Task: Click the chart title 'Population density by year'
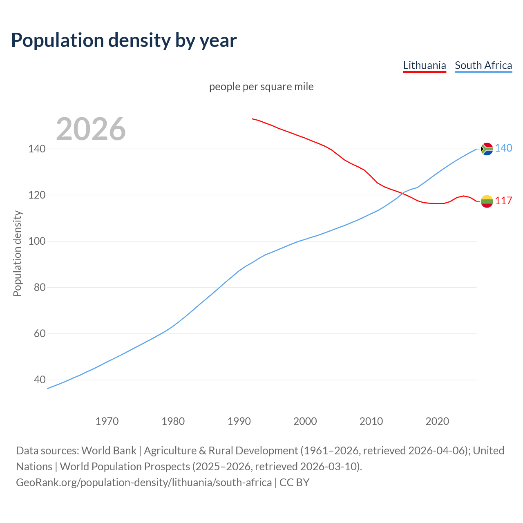pyautogui.click(x=124, y=40)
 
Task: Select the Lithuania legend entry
pyautogui.click(x=424, y=65)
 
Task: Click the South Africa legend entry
pyautogui.click(x=483, y=65)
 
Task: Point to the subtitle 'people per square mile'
pyautogui.click(x=261, y=87)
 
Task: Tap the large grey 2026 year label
pyautogui.click(x=91, y=129)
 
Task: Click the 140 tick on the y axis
pyautogui.click(x=36, y=149)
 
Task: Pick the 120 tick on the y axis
pyautogui.click(x=36, y=195)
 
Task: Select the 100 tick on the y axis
pyautogui.click(x=36, y=241)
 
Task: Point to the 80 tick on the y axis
pyautogui.click(x=39, y=287)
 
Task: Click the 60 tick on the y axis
pyautogui.click(x=39, y=333)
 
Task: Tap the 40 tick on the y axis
pyautogui.click(x=39, y=380)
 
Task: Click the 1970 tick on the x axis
pyautogui.click(x=107, y=421)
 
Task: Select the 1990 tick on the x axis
pyautogui.click(x=239, y=421)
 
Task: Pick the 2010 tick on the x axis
pyautogui.click(x=371, y=421)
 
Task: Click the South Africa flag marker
pyautogui.click(x=487, y=149)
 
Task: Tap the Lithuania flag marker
pyautogui.click(x=487, y=201)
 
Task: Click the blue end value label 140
pyautogui.click(x=503, y=148)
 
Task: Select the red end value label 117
pyautogui.click(x=503, y=201)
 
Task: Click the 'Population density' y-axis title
pyautogui.click(x=17, y=253)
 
